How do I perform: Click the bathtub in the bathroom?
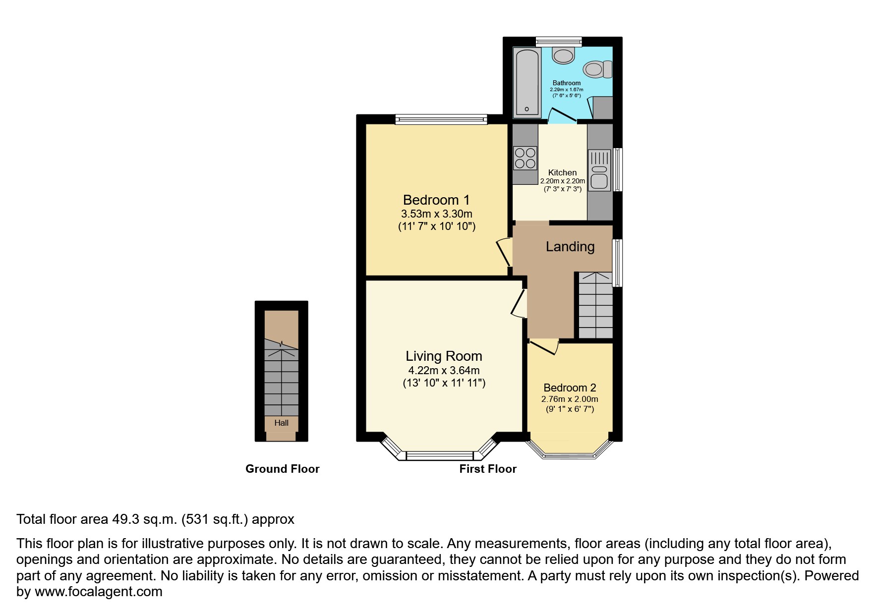pyautogui.click(x=527, y=82)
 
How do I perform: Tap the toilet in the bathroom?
pyautogui.click(x=597, y=69)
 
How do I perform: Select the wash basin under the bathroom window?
pyautogui.click(x=563, y=55)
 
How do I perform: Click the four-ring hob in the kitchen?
pyautogui.click(x=525, y=158)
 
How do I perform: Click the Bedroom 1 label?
pyautogui.click(x=436, y=200)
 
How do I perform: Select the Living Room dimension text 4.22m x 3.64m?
pyautogui.click(x=444, y=370)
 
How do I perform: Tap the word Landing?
pyautogui.click(x=570, y=247)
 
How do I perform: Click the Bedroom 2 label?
pyautogui.click(x=570, y=388)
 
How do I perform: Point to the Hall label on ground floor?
pyautogui.click(x=281, y=423)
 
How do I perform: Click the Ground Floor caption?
pyautogui.click(x=282, y=469)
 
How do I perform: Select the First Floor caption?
pyautogui.click(x=488, y=469)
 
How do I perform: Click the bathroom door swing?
pyautogui.click(x=561, y=114)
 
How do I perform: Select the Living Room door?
pyautogui.click(x=520, y=303)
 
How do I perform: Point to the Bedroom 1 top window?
pyautogui.click(x=441, y=119)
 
